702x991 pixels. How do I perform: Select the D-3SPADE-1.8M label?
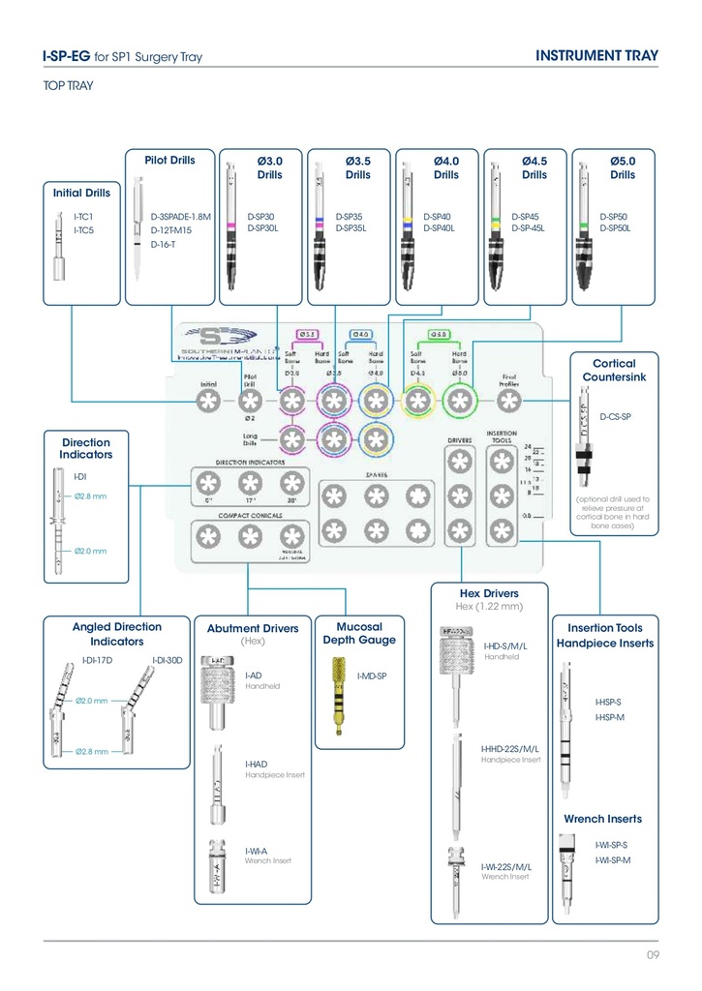pos(181,218)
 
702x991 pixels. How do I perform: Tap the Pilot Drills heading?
pos(169,160)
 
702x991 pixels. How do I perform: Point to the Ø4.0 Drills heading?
pos(445,167)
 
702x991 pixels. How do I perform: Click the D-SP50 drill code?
pos(614,218)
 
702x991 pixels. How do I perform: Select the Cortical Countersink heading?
pos(608,369)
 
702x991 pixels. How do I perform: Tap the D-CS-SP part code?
pos(616,417)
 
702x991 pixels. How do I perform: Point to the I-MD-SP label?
pos(372,676)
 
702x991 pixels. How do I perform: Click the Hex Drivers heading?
pos(488,593)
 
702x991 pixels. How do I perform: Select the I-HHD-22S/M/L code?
pos(509,749)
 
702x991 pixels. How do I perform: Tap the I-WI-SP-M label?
pos(613,860)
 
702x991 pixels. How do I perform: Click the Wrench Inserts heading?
pos(602,819)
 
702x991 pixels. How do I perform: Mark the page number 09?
pos(653,956)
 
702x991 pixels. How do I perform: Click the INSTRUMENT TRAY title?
pos(596,55)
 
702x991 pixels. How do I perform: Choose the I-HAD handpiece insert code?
pos(257,765)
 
